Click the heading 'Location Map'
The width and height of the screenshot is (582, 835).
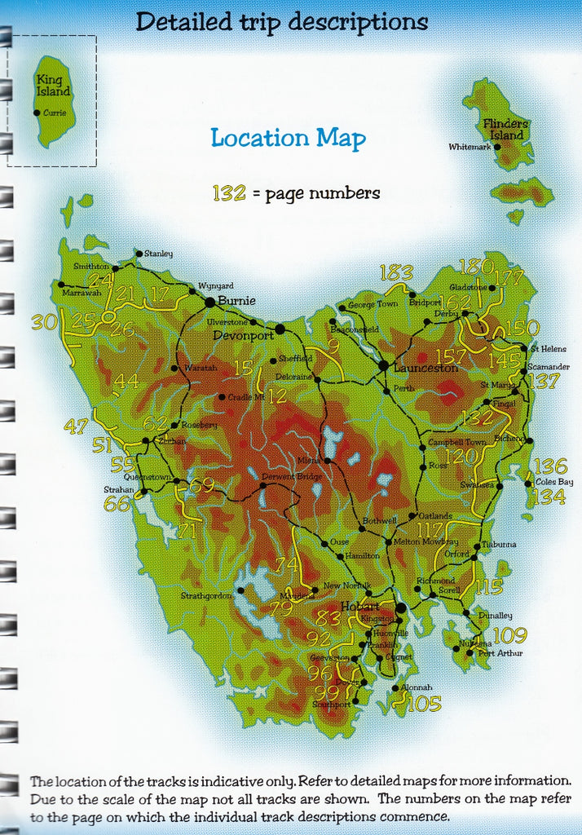pos(288,138)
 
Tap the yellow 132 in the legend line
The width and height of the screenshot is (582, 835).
pos(229,193)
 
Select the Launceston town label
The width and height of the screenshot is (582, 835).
pos(425,368)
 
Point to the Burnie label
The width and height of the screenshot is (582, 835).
pos(236,301)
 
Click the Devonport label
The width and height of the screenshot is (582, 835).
pos(244,334)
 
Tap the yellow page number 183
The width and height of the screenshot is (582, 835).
pos(396,273)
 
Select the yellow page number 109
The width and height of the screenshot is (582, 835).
pos(509,635)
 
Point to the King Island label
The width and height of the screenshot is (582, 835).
pos(53,86)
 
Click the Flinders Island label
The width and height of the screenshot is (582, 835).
pos(506,129)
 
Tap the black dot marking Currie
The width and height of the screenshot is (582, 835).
pos(37,113)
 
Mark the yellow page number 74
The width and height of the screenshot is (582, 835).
pos(286,564)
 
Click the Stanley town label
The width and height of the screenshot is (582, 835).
pos(158,254)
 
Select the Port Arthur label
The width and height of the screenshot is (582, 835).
pos(500,653)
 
